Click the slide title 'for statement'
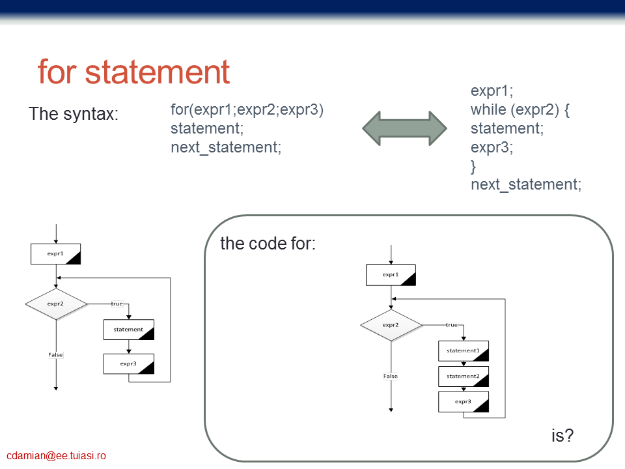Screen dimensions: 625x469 point(133,72)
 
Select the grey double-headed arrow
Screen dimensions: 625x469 point(404,128)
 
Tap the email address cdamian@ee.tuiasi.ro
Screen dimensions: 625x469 point(56,455)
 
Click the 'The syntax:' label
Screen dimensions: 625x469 point(74,113)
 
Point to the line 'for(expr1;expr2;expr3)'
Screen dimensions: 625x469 point(247,109)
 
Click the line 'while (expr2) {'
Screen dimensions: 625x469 point(520,109)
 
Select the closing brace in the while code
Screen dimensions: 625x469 point(473,167)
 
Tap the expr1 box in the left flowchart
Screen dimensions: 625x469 point(56,254)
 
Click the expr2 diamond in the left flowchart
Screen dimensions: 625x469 point(56,304)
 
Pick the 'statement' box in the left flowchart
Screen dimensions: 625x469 point(129,330)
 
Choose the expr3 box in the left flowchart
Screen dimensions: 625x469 point(129,363)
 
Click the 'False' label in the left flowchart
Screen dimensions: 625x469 point(55,354)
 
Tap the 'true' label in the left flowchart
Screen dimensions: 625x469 point(117,304)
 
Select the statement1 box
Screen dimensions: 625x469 point(464,351)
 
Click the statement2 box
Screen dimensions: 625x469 point(464,377)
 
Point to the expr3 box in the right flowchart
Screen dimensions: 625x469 point(464,402)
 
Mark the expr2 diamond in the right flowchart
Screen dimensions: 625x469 point(391,325)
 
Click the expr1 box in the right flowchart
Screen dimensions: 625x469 point(391,275)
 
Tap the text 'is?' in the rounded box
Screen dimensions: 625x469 point(562,436)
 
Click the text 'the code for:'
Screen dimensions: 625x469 point(268,243)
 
